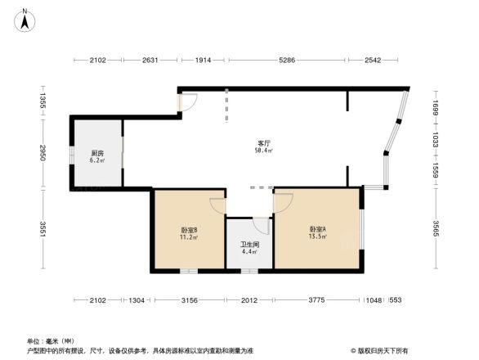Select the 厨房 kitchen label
[x=96, y=153]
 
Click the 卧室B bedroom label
[x=188, y=230]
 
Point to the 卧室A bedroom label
[x=317, y=229]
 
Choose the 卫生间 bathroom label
[x=249, y=244]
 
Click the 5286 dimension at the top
[x=287, y=61]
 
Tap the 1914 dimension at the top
[x=204, y=61]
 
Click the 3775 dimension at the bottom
[x=317, y=300]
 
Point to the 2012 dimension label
[x=249, y=300]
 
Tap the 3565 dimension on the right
[x=436, y=231]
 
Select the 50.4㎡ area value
[x=263, y=151]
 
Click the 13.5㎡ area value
[x=317, y=237]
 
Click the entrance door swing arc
[x=189, y=101]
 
